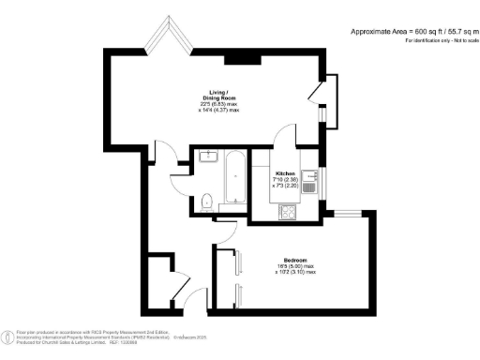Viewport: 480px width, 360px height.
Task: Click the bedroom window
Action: click(349, 214)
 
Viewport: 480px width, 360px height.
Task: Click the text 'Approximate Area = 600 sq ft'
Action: click(391, 31)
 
